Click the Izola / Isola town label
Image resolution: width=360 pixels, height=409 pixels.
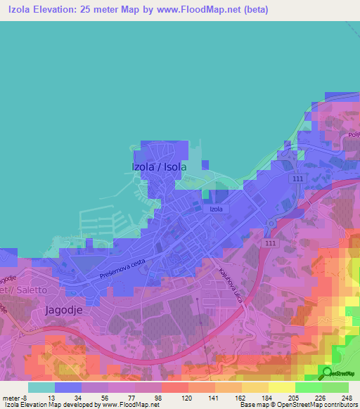pyautogui.click(x=160, y=167)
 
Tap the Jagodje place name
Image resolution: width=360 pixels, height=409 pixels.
pyautogui.click(x=67, y=309)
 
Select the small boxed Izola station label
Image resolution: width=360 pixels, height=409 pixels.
pyautogui.click(x=216, y=209)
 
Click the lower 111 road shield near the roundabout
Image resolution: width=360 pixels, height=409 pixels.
pyautogui.click(x=270, y=242)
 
